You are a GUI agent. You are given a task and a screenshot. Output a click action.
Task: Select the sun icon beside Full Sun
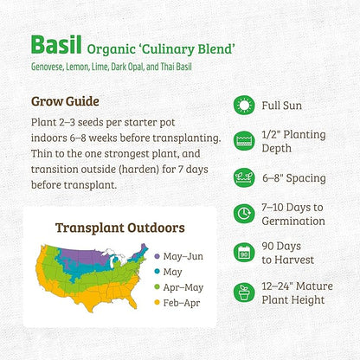(244, 106)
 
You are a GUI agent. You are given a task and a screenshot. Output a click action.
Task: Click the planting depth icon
(244, 141)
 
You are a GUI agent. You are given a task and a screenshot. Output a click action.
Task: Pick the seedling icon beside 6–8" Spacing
(244, 178)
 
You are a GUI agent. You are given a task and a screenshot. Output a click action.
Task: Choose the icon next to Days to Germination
(244, 215)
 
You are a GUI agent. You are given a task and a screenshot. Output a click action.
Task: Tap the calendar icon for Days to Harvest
(244, 253)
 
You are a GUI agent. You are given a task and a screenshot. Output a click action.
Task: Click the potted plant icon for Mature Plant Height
(244, 292)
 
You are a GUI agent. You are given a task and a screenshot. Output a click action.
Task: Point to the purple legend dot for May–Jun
(157, 256)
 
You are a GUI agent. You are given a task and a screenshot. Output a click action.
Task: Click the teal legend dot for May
(157, 271)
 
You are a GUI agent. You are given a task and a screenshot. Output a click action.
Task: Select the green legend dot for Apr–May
(157, 286)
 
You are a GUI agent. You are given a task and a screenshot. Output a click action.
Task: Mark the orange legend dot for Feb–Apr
(157, 302)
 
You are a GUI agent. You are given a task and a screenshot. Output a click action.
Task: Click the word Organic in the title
(131, 47)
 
